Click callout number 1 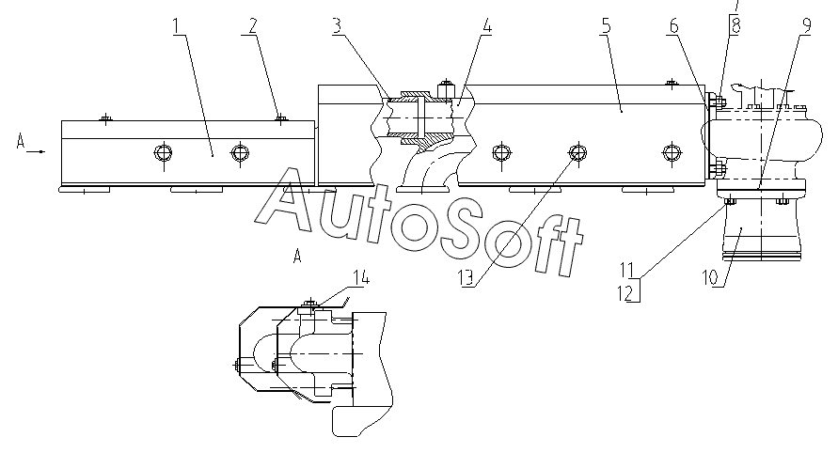(x=178, y=26)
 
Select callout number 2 (x=253, y=25)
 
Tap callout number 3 (x=337, y=25)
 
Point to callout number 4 (x=486, y=25)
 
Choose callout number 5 (x=606, y=25)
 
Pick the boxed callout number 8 (x=735, y=25)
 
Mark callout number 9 (x=806, y=25)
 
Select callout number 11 (x=626, y=269)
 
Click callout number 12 (x=626, y=293)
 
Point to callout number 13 (x=466, y=278)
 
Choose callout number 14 (x=361, y=278)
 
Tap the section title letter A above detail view (x=298, y=256)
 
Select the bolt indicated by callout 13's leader (x=577, y=153)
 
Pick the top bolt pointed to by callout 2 (x=280, y=118)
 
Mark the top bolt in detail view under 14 (x=309, y=305)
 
